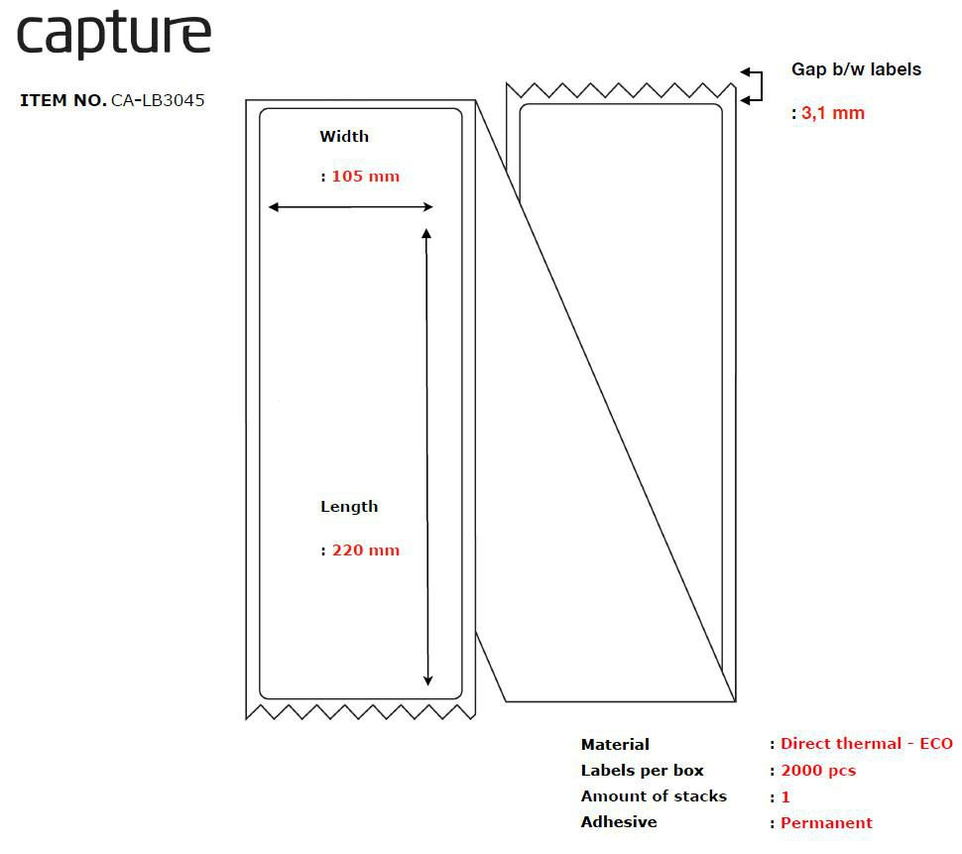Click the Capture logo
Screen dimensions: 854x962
[114, 36]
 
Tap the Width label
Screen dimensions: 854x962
[344, 137]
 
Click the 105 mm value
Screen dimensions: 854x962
[365, 177]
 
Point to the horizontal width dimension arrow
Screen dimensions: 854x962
[351, 207]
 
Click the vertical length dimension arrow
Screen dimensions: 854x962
[427, 456]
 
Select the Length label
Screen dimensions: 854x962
[349, 507]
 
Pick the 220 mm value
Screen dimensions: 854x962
[365, 550]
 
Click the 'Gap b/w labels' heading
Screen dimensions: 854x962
[856, 69]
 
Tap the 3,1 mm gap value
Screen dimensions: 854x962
[832, 113]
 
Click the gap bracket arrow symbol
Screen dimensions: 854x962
[753, 85]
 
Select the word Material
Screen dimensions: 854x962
[615, 745]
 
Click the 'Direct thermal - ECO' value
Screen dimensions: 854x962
[866, 744]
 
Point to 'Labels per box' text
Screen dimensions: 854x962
[642, 771]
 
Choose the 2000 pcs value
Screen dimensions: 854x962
[817, 771]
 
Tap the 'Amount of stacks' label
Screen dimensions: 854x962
[654, 796]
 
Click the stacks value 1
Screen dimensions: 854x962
[785, 797]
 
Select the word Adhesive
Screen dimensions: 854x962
[619, 822]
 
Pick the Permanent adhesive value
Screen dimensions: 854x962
[826, 823]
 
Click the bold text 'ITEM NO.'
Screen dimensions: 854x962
[62, 100]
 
